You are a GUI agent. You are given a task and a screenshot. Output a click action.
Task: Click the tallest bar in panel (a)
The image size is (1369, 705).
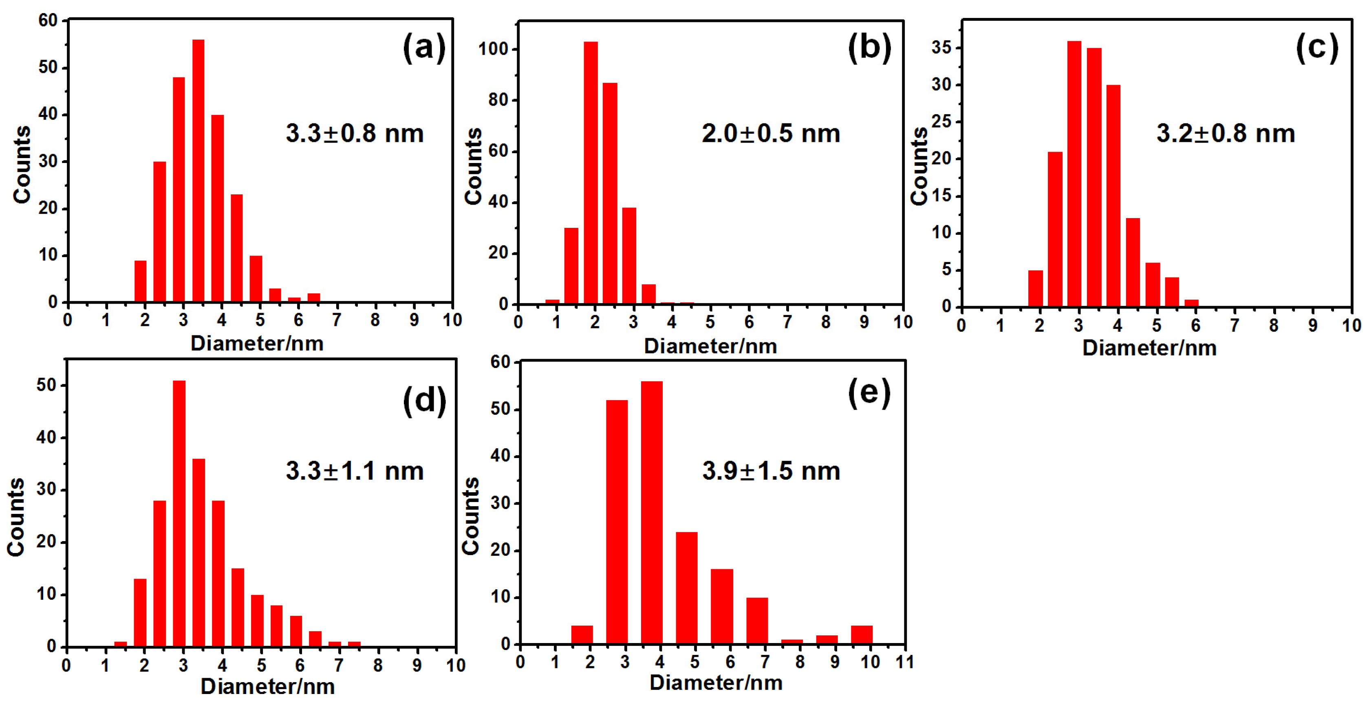pyautogui.click(x=198, y=170)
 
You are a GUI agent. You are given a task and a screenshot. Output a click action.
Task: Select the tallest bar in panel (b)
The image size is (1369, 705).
pyautogui.click(x=591, y=173)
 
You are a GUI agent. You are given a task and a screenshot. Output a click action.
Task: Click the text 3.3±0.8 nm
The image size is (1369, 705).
pyautogui.click(x=355, y=133)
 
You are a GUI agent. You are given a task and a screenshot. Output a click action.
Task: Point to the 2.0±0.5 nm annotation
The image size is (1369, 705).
pyautogui.click(x=771, y=133)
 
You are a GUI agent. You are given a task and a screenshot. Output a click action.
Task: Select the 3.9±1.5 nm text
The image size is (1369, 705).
pyautogui.click(x=771, y=471)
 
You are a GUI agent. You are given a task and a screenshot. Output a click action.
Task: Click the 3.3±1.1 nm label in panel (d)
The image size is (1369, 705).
pyautogui.click(x=355, y=471)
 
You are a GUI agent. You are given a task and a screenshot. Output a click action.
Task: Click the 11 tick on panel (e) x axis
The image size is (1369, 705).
pyautogui.click(x=904, y=662)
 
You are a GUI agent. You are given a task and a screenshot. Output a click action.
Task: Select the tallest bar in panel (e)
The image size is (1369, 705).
pyautogui.click(x=652, y=513)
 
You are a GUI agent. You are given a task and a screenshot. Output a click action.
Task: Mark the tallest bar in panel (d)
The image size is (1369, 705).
pyautogui.click(x=179, y=513)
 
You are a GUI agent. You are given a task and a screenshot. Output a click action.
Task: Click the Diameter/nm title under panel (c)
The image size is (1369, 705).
pyautogui.click(x=1149, y=348)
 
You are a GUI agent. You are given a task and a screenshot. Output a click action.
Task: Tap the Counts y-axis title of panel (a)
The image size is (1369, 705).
pyautogui.click(x=22, y=165)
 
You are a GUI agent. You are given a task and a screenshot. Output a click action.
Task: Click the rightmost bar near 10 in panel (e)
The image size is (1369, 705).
pyautogui.click(x=862, y=635)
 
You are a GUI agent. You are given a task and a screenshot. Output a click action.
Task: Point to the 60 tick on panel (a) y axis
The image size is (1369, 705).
pyautogui.click(x=48, y=21)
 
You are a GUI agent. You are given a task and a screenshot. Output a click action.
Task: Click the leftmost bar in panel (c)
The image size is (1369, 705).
pyautogui.click(x=1035, y=289)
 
